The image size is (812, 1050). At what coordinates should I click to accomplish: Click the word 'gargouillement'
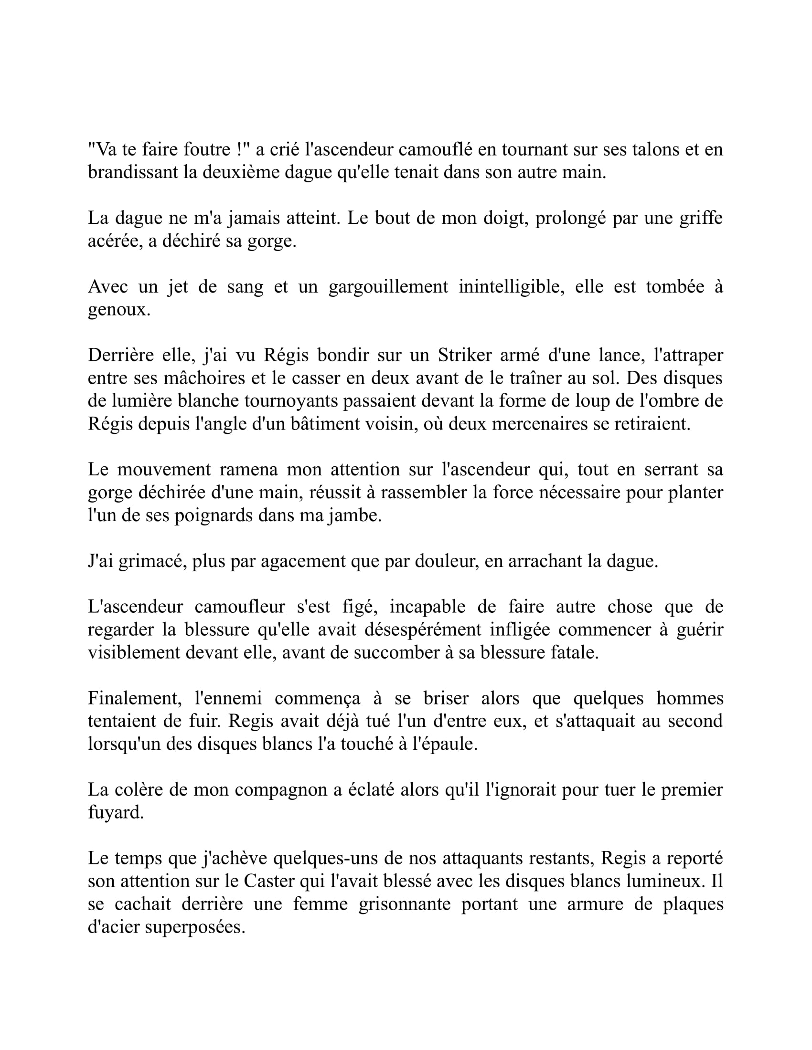coord(388,286)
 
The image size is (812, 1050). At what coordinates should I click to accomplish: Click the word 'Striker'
coord(465,355)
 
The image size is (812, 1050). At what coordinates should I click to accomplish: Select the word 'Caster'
coord(269,881)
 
